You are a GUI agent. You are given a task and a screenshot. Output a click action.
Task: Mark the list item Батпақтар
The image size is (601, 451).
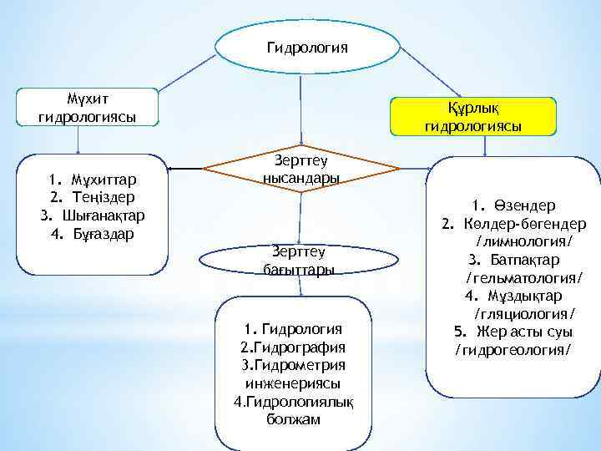click(525, 259)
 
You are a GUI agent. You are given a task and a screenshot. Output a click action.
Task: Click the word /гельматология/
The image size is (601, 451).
click(523, 277)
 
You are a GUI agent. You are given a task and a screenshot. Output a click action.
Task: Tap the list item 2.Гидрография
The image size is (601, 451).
click(291, 347)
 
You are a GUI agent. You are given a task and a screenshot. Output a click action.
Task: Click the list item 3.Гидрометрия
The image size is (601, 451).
click(292, 365)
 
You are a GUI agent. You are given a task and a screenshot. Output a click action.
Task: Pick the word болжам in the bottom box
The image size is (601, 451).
click(292, 419)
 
